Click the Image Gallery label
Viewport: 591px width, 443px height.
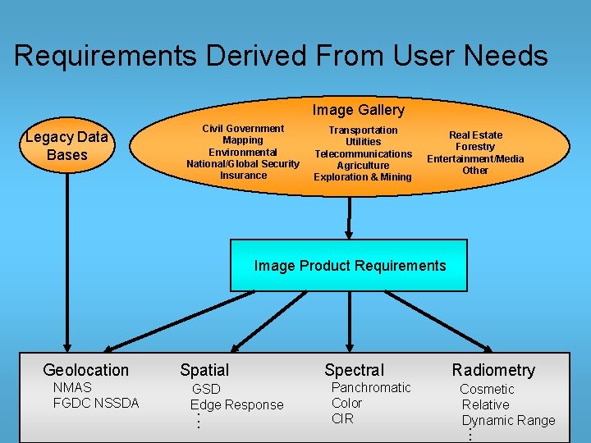pos(358,110)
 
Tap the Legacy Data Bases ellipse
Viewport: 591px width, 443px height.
pos(66,146)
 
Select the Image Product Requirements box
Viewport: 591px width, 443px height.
pos(349,266)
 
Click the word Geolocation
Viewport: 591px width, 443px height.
pos(85,370)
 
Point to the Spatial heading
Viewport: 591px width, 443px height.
pos(204,370)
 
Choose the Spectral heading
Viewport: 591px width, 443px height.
pos(354,370)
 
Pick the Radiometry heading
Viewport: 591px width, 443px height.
pos(493,370)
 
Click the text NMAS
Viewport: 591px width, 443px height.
pos(72,387)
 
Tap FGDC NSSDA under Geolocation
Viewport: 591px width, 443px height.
pos(96,403)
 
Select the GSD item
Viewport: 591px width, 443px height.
pos(206,389)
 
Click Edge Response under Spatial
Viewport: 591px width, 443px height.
pos(236,404)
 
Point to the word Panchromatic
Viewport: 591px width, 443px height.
pos(371,387)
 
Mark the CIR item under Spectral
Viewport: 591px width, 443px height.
pos(342,418)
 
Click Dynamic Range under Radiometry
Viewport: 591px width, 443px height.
pos(509,420)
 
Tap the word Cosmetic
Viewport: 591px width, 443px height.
pos(487,389)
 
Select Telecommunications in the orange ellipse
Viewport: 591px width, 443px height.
pos(363,153)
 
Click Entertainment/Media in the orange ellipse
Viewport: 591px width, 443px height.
pos(475,158)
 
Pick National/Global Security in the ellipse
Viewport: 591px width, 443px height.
pos(243,163)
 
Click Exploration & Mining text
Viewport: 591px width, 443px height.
pos(363,176)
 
